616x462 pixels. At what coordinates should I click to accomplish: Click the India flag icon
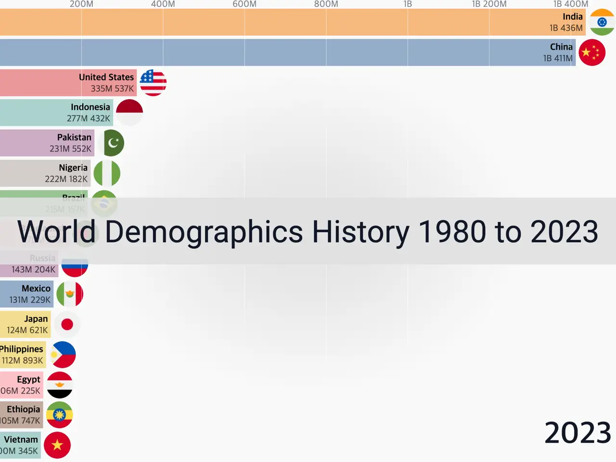pyautogui.click(x=602, y=22)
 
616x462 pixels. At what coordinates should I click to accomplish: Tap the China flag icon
pyautogui.click(x=592, y=52)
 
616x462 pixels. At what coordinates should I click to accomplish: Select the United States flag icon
pyautogui.click(x=153, y=83)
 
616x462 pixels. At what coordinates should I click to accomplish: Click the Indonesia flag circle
pyautogui.click(x=129, y=113)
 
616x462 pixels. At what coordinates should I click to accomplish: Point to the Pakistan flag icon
pyautogui.click(x=111, y=143)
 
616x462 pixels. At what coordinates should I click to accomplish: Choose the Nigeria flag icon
pyautogui.click(x=107, y=173)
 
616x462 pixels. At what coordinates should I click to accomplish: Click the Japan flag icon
pyautogui.click(x=67, y=324)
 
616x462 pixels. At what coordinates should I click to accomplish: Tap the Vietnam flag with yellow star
pyautogui.click(x=57, y=445)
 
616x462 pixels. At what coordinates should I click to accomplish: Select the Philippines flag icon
pyautogui.click(x=63, y=355)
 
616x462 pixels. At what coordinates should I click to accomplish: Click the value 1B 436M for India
pyautogui.click(x=566, y=28)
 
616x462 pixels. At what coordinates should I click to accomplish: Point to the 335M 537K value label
pyautogui.click(x=112, y=89)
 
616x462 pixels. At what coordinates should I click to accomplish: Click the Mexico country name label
pyautogui.click(x=36, y=288)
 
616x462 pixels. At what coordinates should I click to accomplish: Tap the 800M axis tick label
pyautogui.click(x=326, y=4)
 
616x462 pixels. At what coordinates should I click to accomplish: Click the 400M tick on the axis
pyautogui.click(x=163, y=4)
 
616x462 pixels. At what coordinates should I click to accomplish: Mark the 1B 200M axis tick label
pyautogui.click(x=489, y=4)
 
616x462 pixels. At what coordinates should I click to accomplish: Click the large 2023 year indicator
pyautogui.click(x=577, y=433)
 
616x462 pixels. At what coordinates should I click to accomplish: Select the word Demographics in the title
pyautogui.click(x=204, y=231)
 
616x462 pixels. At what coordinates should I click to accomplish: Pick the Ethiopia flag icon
pyautogui.click(x=59, y=415)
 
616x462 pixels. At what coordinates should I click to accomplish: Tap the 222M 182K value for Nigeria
pyautogui.click(x=66, y=179)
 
